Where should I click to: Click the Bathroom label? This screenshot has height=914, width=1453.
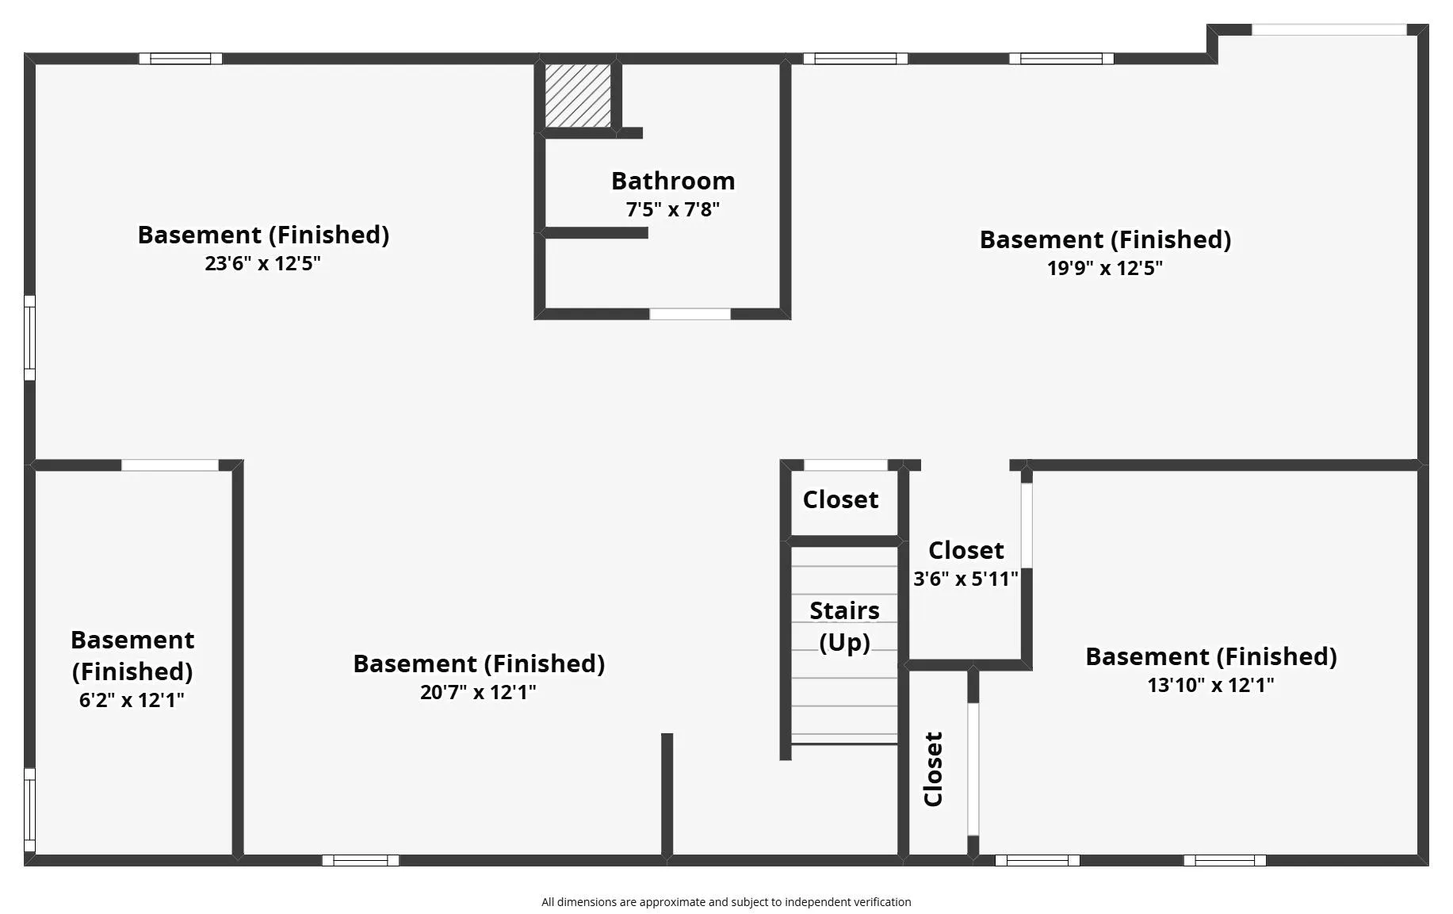point(672,181)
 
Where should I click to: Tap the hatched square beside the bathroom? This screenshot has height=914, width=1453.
point(578,95)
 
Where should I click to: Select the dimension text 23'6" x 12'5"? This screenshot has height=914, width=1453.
point(262,263)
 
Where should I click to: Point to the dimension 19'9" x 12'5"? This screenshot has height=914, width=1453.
point(1104,268)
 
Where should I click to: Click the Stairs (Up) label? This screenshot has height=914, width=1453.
point(844,625)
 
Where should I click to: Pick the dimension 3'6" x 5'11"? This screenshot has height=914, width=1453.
point(965,579)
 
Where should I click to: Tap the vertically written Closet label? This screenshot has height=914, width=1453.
point(933,769)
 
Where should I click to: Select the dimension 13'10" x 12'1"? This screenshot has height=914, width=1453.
point(1210,685)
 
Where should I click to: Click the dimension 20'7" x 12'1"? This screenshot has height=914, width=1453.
point(478,692)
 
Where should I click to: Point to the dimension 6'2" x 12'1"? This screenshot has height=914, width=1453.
point(132,700)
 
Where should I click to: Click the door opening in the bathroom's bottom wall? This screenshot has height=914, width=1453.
point(690,314)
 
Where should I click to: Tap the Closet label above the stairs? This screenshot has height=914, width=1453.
point(840,499)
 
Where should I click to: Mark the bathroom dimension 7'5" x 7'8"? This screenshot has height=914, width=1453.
point(672,209)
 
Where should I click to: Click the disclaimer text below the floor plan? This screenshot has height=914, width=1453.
point(726,902)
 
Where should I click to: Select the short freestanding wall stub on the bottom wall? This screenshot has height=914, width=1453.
point(667,793)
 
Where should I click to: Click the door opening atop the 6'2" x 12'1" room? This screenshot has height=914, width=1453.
point(170,465)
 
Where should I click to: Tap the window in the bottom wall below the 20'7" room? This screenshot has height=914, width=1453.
point(361,860)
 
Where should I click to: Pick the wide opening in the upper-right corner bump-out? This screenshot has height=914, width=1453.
point(1329,30)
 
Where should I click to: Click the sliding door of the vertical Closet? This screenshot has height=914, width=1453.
point(973,769)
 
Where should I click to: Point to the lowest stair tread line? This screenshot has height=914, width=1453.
point(844,744)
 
